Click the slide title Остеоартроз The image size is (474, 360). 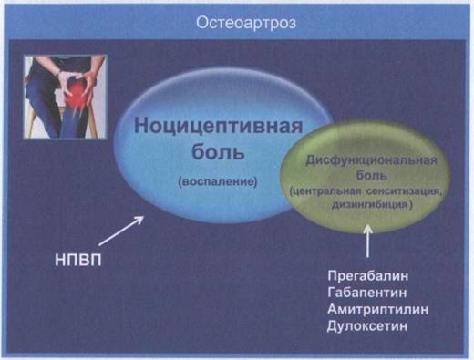point(246,23)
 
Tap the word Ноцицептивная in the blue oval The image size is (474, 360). point(218,126)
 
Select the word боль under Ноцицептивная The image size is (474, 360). point(218,151)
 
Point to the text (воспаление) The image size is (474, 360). point(218,181)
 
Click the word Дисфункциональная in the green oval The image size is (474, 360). point(371,160)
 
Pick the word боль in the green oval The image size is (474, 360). point(371,175)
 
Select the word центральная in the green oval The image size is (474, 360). point(325,191)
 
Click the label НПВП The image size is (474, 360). point(78,260)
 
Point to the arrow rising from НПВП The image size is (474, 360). point(121,231)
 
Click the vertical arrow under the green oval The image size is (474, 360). point(368,241)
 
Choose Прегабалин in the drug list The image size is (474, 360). point(368,276)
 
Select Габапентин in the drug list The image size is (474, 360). point(367,293)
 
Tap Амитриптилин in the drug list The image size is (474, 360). point(378,309)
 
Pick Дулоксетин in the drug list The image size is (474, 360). point(367,326)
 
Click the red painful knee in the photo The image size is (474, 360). point(76,97)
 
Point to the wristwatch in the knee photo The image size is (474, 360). point(58,73)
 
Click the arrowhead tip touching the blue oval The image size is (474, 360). point(143,216)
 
